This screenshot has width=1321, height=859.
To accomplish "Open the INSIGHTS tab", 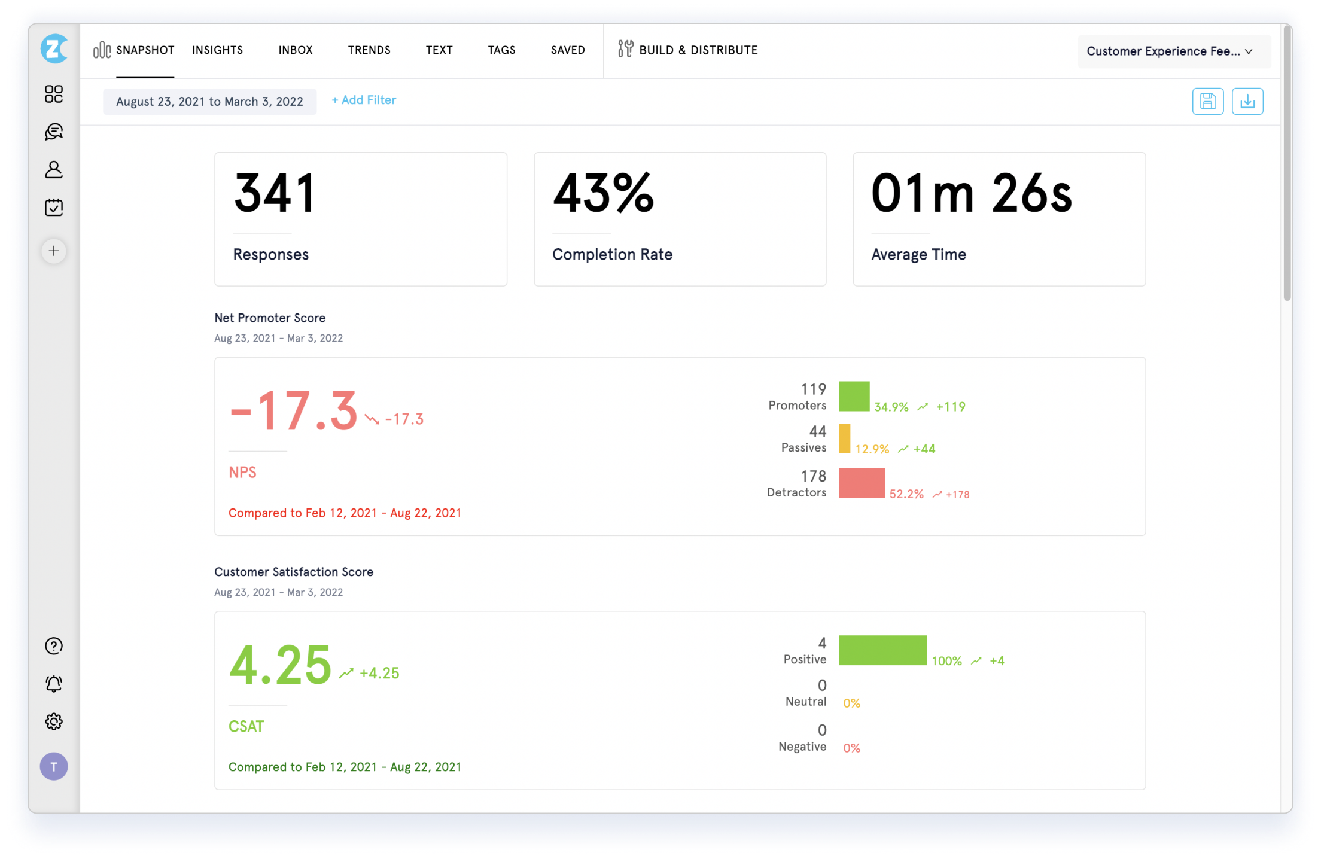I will [217, 50].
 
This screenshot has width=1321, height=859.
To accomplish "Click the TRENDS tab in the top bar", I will [369, 50].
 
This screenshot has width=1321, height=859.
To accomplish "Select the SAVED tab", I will [567, 50].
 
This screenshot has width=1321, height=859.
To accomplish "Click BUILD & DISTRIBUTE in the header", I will [688, 50].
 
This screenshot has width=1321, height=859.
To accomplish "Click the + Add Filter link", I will [364, 100].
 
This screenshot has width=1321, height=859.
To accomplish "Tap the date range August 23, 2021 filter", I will [209, 102].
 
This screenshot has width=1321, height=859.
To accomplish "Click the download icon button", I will [1247, 101].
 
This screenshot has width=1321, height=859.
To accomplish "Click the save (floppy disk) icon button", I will [1207, 101].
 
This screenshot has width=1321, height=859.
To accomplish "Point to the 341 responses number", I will [275, 193].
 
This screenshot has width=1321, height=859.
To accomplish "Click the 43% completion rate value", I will [603, 193].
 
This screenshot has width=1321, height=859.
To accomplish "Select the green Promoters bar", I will [854, 396].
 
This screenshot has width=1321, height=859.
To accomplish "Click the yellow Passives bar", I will [844, 438].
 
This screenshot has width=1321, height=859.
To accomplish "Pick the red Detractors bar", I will [861, 483].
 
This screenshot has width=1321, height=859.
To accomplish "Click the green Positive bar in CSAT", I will [882, 650].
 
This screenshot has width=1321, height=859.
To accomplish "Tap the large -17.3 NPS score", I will [293, 411].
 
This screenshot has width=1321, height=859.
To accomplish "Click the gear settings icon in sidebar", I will [54, 721].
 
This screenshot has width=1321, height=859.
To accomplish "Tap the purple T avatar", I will [54, 766].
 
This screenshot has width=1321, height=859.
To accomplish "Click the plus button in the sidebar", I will [54, 251].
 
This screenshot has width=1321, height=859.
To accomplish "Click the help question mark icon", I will [54, 646].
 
